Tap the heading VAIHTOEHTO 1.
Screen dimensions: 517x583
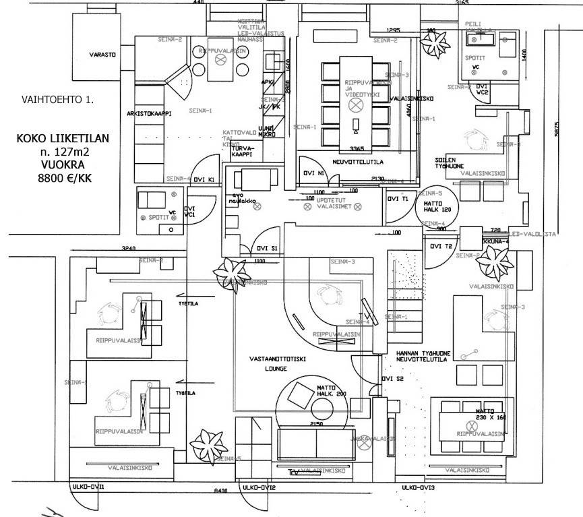(x=58, y=99)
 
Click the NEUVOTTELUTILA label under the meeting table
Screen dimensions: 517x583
(x=362, y=163)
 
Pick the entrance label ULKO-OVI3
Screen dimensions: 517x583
(x=418, y=487)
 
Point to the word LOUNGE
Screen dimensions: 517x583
(x=276, y=369)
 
